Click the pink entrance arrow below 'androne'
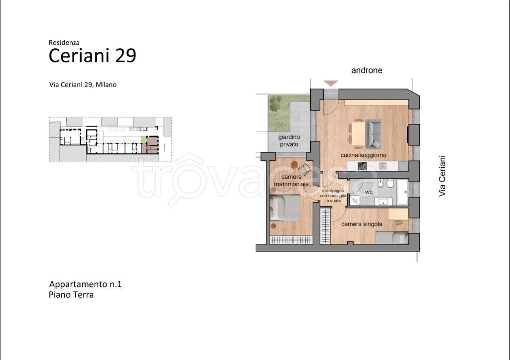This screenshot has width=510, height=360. (x=331, y=83)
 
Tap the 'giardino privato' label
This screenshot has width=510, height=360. (x=289, y=140)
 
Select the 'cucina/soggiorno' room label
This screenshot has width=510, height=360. (x=363, y=155)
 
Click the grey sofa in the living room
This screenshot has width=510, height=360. (x=374, y=133)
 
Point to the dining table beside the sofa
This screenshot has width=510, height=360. (x=359, y=133)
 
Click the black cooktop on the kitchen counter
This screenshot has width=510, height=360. (x=363, y=166)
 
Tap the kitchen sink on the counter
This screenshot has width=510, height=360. (x=383, y=166)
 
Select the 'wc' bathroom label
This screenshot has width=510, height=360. (x=369, y=192)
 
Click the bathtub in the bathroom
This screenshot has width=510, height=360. (x=402, y=192)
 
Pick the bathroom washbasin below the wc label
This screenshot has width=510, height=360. (x=383, y=202)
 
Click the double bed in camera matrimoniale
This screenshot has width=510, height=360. (x=284, y=208)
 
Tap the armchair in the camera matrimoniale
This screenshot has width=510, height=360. (x=304, y=169)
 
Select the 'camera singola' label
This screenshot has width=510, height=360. (x=362, y=224)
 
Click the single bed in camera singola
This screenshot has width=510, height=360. (x=392, y=238)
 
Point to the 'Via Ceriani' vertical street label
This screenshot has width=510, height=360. (x=442, y=176)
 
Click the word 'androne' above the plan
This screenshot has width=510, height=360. (x=367, y=70)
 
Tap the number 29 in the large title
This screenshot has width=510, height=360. (x=126, y=56)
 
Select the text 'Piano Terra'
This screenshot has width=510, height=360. (x=71, y=295)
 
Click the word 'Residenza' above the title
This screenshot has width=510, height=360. (x=64, y=42)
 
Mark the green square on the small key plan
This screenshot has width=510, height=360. (x=144, y=139)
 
